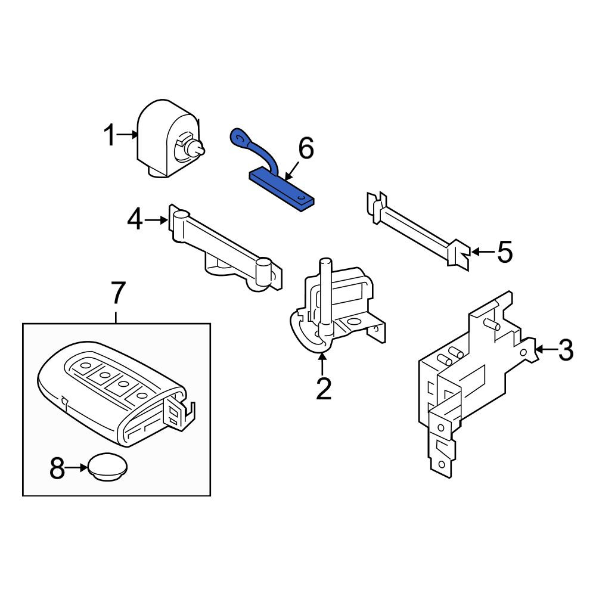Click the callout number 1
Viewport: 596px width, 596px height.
110,135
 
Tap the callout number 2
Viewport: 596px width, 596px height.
324,388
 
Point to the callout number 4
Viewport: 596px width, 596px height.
135,220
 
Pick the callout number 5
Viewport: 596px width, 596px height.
505,252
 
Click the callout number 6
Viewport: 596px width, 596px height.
306,148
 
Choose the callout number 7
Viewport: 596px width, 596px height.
117,292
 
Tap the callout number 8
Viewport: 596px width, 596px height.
57,468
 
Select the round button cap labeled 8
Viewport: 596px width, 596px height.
107,467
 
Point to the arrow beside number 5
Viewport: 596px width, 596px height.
482,252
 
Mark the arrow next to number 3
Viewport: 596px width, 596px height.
545,349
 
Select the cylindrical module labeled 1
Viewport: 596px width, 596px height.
170,139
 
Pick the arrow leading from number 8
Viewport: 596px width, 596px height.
77,468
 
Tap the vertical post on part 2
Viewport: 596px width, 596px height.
326,293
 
